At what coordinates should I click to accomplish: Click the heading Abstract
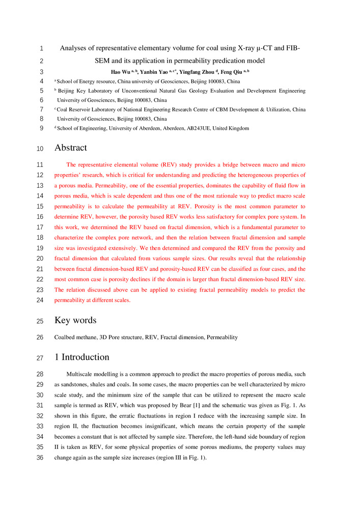pos(70,148)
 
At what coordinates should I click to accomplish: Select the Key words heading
pos(75,321)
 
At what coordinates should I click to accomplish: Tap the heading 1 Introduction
pos(81,357)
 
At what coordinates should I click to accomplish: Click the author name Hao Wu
pos(121,72)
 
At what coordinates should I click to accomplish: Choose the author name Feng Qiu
pos(232,72)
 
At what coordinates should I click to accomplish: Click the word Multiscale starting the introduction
pos(81,374)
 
